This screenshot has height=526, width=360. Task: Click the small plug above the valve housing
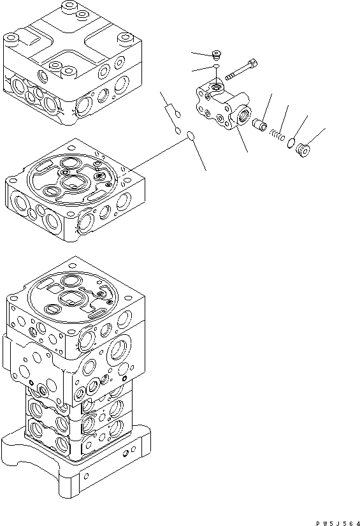tap(217, 55)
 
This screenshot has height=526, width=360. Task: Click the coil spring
tap(276, 135)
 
